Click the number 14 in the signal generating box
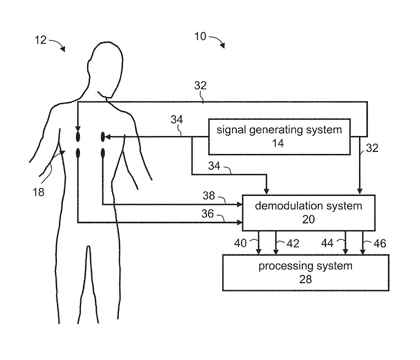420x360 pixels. pos(278,143)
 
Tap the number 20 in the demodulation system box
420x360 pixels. pos(308,220)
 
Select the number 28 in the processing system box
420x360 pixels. pos(305,279)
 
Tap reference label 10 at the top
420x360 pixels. pos(200,37)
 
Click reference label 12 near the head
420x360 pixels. pos(40,40)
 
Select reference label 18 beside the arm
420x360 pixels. pos(39,192)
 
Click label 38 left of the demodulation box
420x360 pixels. pos(209,196)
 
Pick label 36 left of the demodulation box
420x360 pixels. pos(208,213)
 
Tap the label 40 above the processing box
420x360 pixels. pos(240,243)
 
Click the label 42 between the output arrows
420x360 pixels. pos(293,244)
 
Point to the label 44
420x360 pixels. pos(327,243)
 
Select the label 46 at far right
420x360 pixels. pos(379,244)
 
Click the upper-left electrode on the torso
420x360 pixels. pos(78,137)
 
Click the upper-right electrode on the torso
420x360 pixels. pos(103,137)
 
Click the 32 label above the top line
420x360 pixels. pos(200,86)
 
